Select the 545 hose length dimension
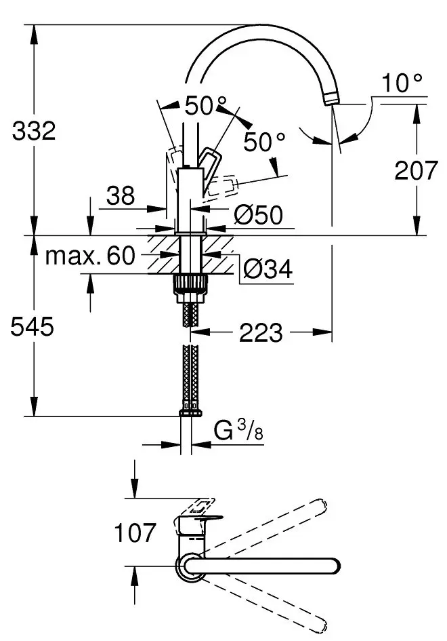[32, 328]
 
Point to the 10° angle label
[402, 83]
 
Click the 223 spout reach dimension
[261, 332]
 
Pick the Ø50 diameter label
[258, 216]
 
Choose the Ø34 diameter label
[267, 270]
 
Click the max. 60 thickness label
[91, 256]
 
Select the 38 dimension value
[121, 196]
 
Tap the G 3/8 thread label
[236, 431]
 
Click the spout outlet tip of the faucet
[331, 100]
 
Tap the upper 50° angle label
[205, 106]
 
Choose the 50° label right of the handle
[264, 142]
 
